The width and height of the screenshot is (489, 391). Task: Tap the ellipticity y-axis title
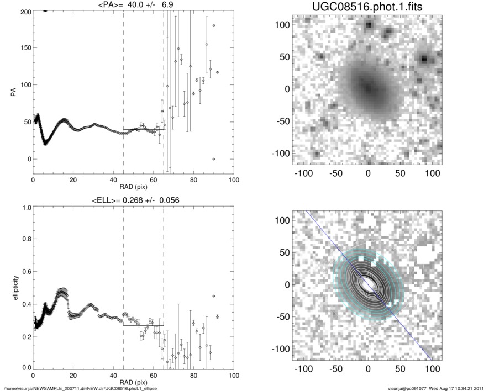tap(11, 288)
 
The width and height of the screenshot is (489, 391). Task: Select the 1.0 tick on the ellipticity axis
tap(25, 208)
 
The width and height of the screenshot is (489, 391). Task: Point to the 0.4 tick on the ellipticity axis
tap(25, 304)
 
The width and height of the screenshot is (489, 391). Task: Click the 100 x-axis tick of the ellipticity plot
tap(234, 376)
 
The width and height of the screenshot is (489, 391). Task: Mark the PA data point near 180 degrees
tap(214, 25)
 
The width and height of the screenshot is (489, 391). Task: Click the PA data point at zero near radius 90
tap(214, 159)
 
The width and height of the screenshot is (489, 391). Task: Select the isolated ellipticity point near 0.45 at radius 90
tap(214, 296)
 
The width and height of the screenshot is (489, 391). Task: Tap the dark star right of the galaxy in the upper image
tap(424, 59)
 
